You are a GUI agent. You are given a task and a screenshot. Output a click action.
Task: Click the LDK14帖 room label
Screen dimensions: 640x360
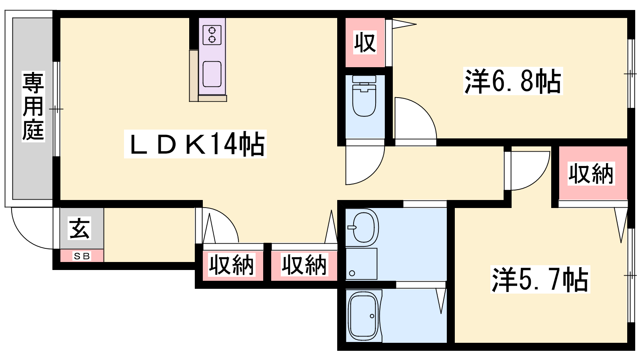click(x=196, y=144)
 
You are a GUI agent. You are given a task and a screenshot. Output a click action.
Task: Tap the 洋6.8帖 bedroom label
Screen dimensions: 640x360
click(x=513, y=81)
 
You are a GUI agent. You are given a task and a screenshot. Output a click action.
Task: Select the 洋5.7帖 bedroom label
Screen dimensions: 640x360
click(x=540, y=279)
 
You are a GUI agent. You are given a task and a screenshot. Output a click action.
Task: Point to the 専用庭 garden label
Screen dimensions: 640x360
click(x=34, y=106)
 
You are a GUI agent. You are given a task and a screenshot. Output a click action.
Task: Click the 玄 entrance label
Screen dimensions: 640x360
click(x=80, y=228)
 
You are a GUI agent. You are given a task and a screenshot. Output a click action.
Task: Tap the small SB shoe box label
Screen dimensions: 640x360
click(x=82, y=256)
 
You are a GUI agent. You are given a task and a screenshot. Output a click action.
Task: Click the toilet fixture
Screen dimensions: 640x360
click(x=364, y=96)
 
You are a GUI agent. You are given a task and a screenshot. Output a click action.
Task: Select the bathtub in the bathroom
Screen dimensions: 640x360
click(x=364, y=316)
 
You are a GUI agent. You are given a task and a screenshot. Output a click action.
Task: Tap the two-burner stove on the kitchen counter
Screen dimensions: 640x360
click(x=212, y=35)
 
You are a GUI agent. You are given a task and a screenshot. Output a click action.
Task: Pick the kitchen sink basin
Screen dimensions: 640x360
click(x=212, y=74)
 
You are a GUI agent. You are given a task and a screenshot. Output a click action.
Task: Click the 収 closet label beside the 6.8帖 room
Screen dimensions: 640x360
click(x=365, y=42)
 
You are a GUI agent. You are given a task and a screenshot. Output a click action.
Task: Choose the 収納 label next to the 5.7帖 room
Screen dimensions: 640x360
click(x=591, y=174)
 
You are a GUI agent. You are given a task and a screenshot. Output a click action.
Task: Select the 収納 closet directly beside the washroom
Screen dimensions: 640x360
click(x=304, y=265)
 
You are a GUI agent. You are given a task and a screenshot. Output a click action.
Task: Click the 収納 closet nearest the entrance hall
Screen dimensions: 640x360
click(x=232, y=265)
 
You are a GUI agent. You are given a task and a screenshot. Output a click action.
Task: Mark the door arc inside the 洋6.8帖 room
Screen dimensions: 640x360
click(x=416, y=118)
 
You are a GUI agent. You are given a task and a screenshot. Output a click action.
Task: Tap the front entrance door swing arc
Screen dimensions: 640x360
click(x=32, y=228)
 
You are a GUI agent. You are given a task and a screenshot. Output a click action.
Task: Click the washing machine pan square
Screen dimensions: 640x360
click(x=362, y=264)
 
